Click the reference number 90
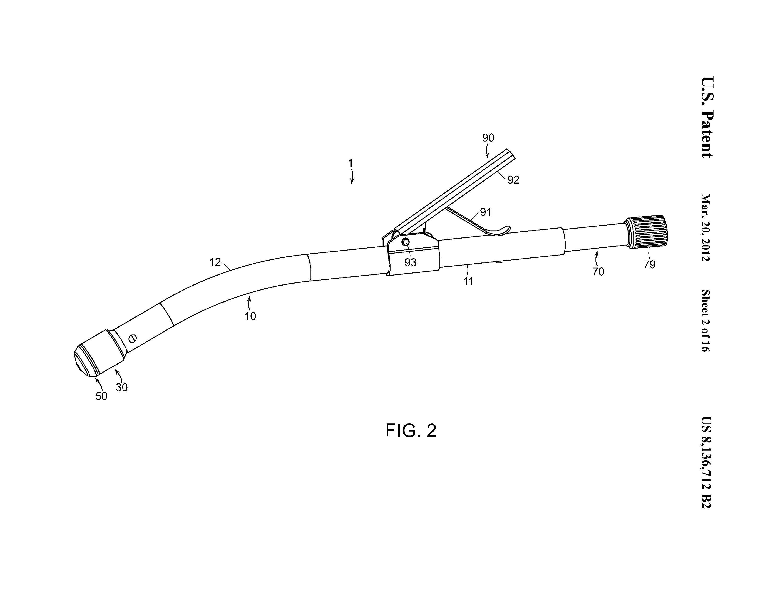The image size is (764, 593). [488, 138]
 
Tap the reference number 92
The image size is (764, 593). [513, 180]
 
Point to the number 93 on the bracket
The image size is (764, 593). [410, 262]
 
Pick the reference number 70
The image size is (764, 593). [598, 272]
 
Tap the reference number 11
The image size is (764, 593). [468, 281]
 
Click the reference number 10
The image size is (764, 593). [250, 316]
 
